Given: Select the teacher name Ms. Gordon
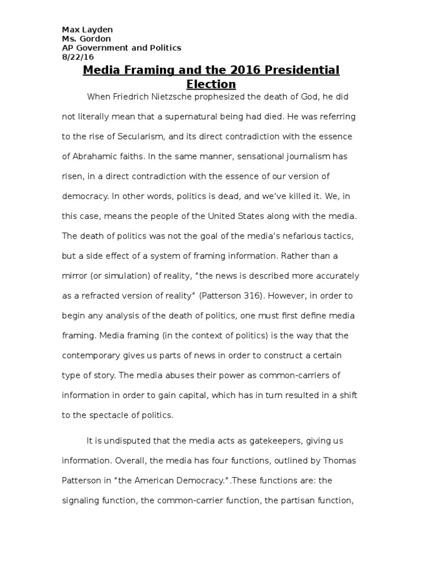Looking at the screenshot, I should pyautogui.click(x=86, y=39).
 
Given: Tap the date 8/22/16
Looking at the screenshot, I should pyautogui.click(x=77, y=57).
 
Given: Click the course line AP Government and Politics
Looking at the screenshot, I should pyautogui.click(x=121, y=48).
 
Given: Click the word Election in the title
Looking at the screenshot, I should pyautogui.click(x=211, y=85).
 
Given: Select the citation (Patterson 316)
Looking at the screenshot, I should pyautogui.click(x=234, y=296).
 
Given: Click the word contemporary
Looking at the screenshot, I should pyautogui.click(x=97, y=355).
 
